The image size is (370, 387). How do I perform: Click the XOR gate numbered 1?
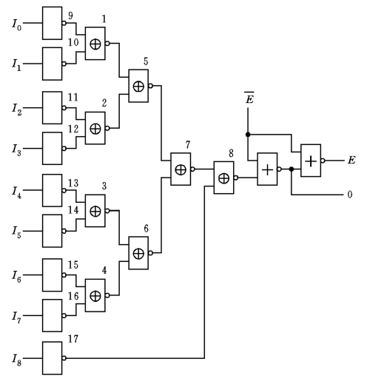95,44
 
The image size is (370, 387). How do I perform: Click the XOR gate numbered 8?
223,178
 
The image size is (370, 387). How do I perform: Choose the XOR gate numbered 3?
95,212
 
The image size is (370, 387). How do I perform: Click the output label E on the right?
351,161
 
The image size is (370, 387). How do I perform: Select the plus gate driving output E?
310,161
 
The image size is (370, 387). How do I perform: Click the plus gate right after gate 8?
266,169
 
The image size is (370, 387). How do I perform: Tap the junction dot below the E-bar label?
247,135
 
